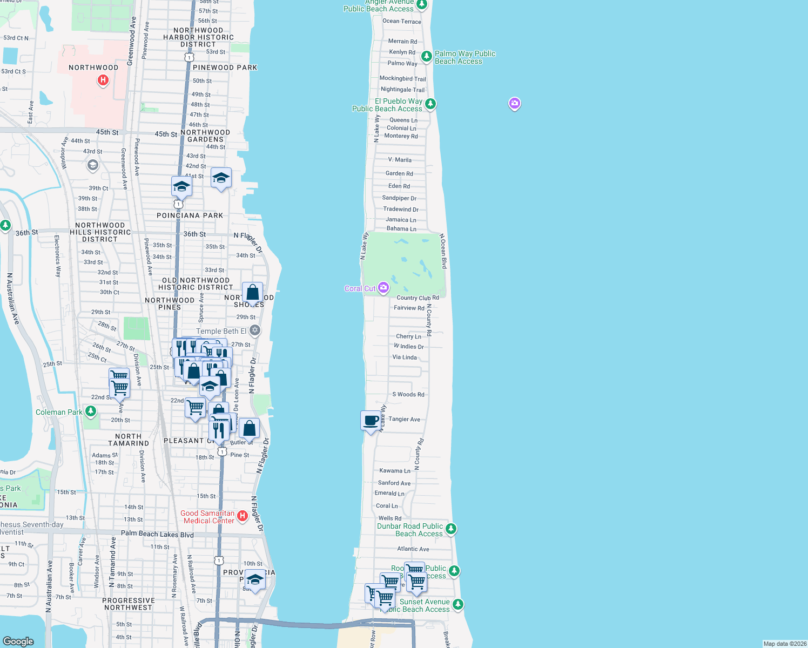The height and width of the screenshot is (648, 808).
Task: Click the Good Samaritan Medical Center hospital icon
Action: pyautogui.click(x=242, y=516)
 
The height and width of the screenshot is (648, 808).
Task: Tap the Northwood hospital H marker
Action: pyautogui.click(x=103, y=80)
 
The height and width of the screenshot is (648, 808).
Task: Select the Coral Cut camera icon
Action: pyautogui.click(x=383, y=287)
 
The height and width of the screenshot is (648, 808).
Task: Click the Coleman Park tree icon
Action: pyautogui.click(x=91, y=411)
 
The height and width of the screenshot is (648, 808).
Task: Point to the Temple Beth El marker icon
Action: pyautogui.click(x=255, y=330)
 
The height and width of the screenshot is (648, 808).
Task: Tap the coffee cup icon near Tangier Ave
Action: pyautogui.click(x=371, y=420)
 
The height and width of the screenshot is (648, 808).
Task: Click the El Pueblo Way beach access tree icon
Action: pyautogui.click(x=430, y=103)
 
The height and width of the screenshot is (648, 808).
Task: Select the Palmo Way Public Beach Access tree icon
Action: pyautogui.click(x=426, y=56)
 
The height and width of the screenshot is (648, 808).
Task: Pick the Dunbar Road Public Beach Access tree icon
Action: pyautogui.click(x=451, y=529)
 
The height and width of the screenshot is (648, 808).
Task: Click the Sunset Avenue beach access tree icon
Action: pyautogui.click(x=458, y=604)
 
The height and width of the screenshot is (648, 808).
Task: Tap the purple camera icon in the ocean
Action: pyautogui.click(x=515, y=103)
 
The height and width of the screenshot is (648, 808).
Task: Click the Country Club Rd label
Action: pyautogui.click(x=418, y=298)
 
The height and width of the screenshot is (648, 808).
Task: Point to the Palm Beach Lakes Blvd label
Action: pyautogui.click(x=157, y=534)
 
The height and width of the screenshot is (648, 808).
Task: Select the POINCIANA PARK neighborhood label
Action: pyautogui.click(x=190, y=215)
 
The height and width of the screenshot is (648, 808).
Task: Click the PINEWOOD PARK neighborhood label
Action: pyautogui.click(x=225, y=67)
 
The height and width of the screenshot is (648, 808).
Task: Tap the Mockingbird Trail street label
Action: pyautogui.click(x=402, y=78)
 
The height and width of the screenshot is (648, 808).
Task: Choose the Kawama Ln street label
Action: pyautogui.click(x=395, y=471)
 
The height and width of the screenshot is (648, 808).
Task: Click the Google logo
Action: pyautogui.click(x=18, y=641)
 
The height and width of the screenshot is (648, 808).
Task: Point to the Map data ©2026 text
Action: pyautogui.click(x=785, y=644)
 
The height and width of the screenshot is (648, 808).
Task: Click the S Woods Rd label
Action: pyautogui.click(x=408, y=394)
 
